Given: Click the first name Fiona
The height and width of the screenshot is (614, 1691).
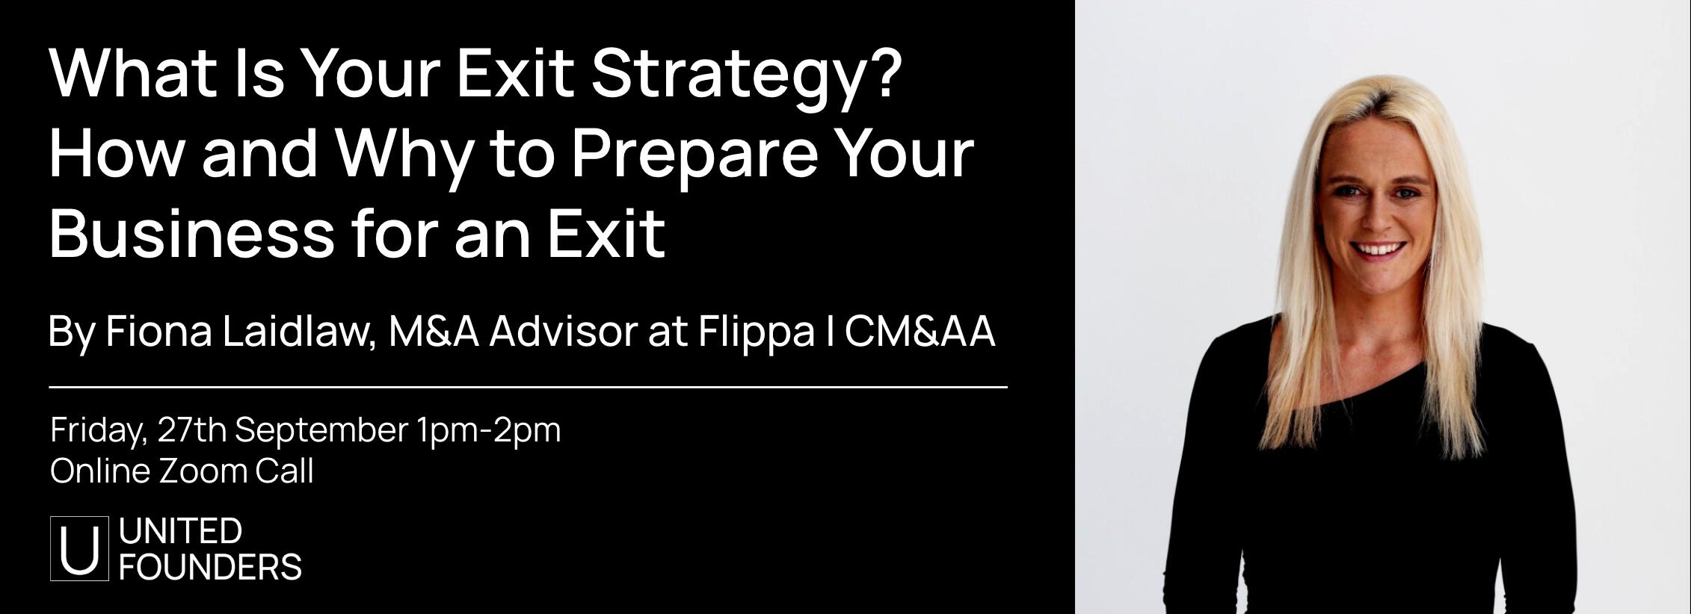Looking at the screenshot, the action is (x=159, y=332).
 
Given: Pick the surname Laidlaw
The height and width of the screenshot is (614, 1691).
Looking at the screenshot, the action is (x=299, y=332).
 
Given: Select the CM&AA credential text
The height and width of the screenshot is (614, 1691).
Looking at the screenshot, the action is (x=920, y=332).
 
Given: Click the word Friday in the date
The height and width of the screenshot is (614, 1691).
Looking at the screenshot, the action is (x=98, y=431).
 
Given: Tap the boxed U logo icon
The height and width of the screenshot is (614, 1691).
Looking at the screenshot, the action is (x=79, y=548).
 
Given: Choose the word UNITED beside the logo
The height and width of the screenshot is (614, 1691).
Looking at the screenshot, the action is (x=180, y=531).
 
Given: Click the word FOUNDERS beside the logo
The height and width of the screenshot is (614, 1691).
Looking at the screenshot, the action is (x=210, y=568).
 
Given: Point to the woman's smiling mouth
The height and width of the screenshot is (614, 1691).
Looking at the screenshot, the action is (x=1379, y=249).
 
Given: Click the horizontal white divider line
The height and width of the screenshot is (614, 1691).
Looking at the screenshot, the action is (x=528, y=388).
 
